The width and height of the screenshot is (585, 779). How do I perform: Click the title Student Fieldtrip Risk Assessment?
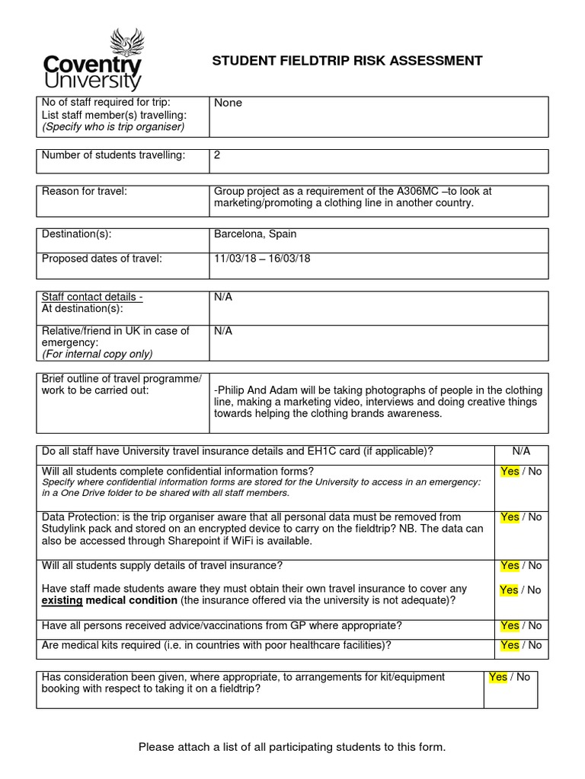point(347,61)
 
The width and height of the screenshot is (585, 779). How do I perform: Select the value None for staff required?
point(228,103)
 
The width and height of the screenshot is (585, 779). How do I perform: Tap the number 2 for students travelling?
point(217,155)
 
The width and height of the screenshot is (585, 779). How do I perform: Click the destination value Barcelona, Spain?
point(255,234)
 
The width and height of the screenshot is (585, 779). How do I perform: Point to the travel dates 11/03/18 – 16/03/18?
point(262,259)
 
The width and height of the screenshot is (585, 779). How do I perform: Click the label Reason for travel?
point(84,192)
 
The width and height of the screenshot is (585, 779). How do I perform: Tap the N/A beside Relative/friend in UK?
point(223,331)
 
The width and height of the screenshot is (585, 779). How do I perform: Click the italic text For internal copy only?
point(97,354)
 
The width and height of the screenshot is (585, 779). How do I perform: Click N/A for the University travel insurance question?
point(521,451)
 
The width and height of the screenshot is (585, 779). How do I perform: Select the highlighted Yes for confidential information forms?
point(510,472)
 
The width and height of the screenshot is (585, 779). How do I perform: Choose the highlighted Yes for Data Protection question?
point(510,517)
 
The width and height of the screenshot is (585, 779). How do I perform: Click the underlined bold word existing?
point(62,601)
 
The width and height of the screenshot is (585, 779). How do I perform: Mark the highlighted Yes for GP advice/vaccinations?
point(510,626)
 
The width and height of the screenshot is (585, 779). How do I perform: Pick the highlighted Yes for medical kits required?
point(510,645)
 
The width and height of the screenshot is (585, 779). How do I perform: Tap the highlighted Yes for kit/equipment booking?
point(497,677)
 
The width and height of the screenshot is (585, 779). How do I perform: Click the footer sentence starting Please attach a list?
point(292,747)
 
